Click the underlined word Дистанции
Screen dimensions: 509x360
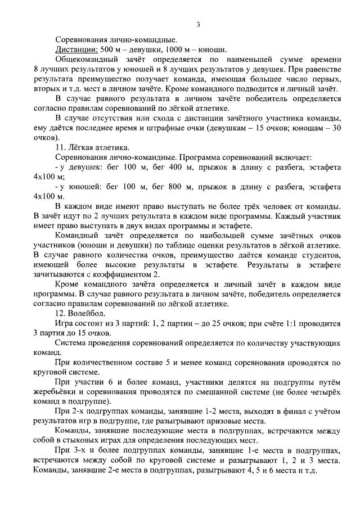tap(75, 49)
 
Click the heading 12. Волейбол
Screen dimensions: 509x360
tap(84, 313)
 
